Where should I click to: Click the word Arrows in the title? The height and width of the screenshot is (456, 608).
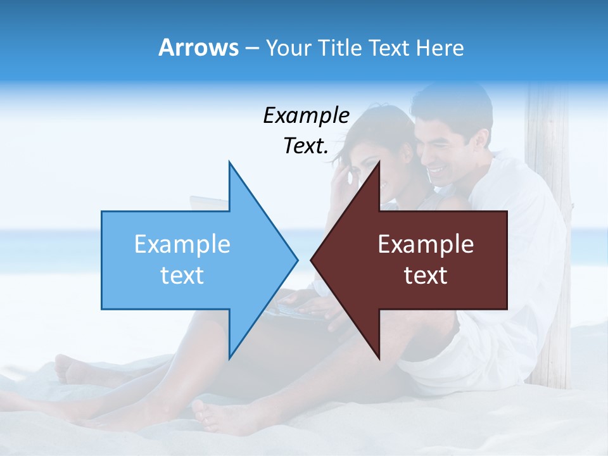[198, 47]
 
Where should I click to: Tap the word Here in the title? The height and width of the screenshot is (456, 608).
[440, 47]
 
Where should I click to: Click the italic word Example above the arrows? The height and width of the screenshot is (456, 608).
[306, 115]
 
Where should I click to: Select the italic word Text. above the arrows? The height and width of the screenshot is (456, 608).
[306, 146]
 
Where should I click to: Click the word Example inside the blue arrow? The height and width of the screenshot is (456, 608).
[182, 244]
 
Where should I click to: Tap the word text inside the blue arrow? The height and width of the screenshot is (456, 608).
[182, 275]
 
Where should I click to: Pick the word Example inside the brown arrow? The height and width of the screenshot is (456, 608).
[426, 244]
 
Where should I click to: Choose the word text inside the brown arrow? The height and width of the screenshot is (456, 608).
[426, 275]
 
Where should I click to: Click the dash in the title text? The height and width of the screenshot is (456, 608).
[251, 48]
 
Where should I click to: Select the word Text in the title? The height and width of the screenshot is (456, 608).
[388, 47]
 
